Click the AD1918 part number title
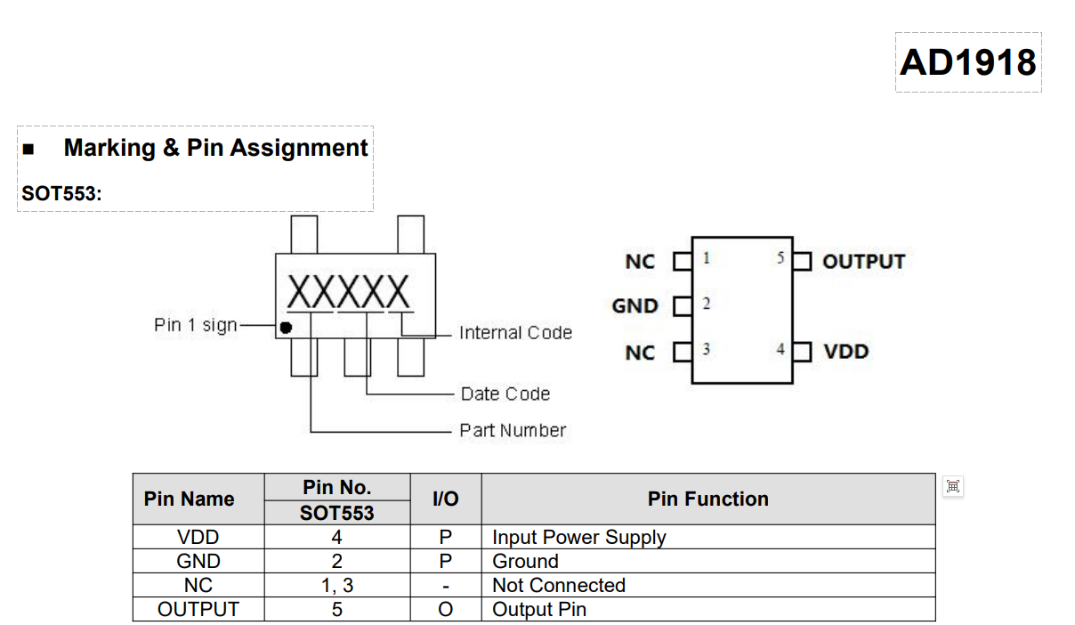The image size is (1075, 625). point(968,62)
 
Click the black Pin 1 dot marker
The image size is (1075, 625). point(286,327)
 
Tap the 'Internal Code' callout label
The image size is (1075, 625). point(515,333)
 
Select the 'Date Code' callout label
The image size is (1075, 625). point(505,394)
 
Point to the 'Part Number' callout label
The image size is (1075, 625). point(513,431)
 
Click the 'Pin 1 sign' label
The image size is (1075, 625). point(196,325)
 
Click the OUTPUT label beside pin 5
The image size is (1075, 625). point(863,262)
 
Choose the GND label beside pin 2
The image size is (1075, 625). point(635,306)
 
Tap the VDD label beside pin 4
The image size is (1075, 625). point(845,352)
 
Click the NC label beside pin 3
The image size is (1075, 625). point(640,353)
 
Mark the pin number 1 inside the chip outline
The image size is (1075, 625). point(706,259)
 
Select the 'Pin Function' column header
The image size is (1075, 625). point(707,499)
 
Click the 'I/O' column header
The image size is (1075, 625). point(445,499)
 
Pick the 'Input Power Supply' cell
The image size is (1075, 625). point(579,538)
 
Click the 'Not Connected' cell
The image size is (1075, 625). point(559,586)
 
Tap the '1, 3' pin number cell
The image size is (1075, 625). point(336,586)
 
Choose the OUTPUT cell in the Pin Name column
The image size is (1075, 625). point(198,610)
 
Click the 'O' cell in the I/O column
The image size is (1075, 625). point(445,610)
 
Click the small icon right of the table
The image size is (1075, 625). point(953,486)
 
